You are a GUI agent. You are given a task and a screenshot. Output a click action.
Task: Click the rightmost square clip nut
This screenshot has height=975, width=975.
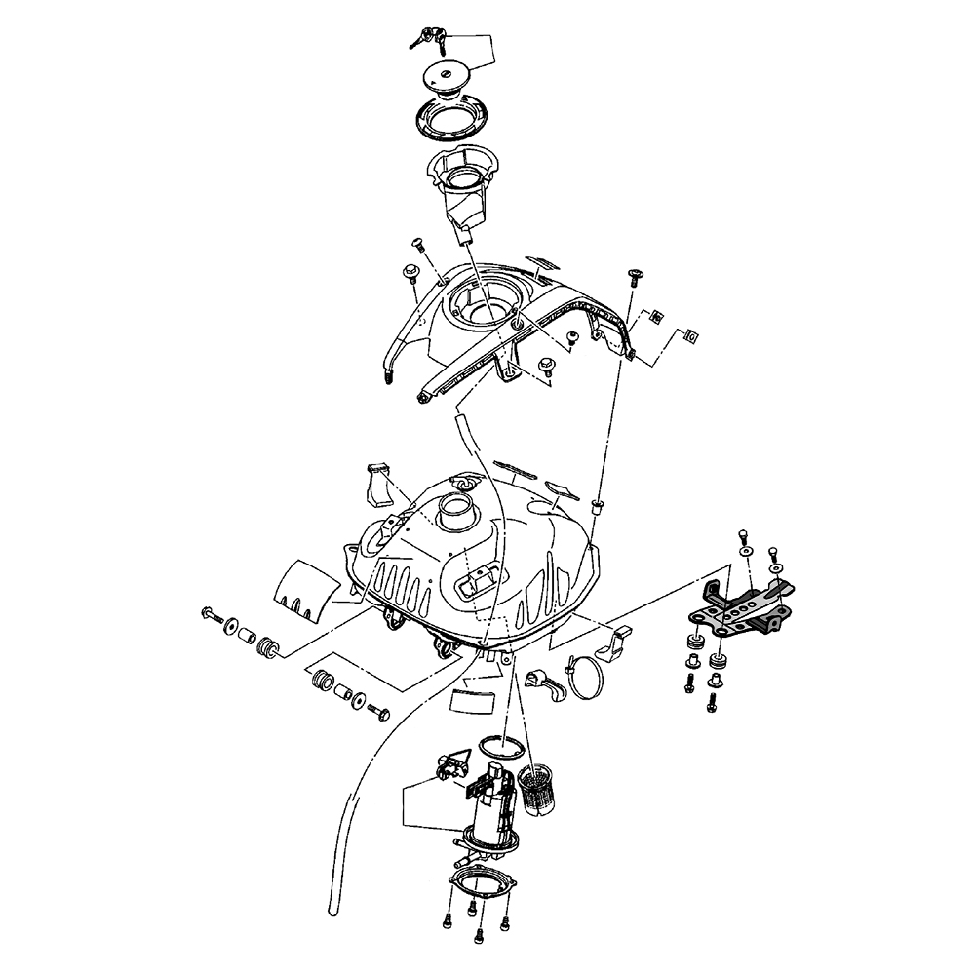[x=691, y=335]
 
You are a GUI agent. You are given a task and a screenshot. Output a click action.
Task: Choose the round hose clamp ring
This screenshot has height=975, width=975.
[x=588, y=677]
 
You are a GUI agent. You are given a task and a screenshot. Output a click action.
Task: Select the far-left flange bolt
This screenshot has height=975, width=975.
[x=211, y=614]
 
